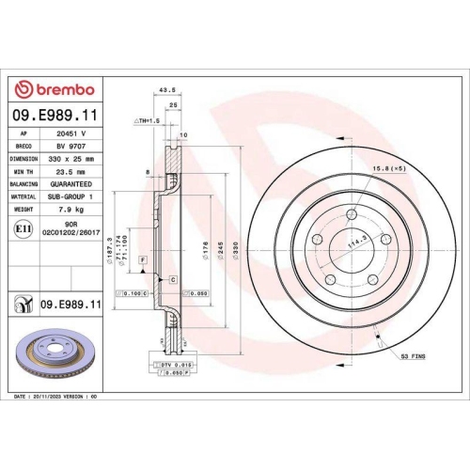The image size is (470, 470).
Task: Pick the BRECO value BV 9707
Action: coord(71,148)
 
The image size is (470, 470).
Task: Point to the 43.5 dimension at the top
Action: coord(169,90)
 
